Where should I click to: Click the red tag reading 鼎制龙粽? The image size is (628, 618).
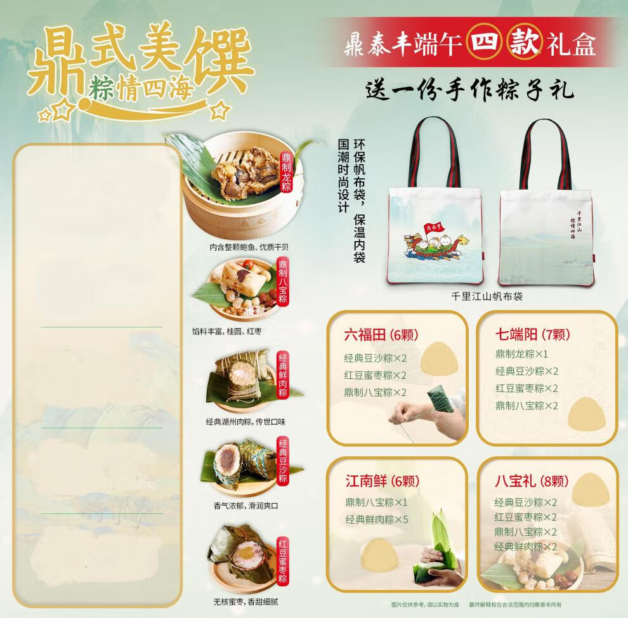point(286,173)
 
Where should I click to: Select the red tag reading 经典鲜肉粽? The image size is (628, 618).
point(284,376)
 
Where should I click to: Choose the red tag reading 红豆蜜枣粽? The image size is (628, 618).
point(284,561)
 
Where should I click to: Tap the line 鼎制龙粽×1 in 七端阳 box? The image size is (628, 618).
point(521,354)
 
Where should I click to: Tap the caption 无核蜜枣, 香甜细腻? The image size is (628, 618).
point(246,601)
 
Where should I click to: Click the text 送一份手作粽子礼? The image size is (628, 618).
point(470,90)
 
